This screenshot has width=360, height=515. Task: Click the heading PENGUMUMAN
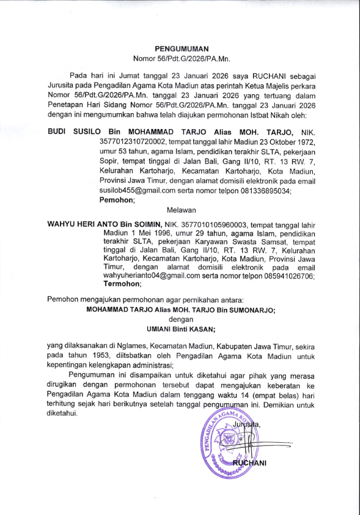[x=182, y=48]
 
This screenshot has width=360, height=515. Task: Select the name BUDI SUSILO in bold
[x=75, y=132]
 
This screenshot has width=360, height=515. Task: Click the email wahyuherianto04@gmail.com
[x=152, y=276]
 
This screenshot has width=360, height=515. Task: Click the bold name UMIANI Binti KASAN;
[x=180, y=328]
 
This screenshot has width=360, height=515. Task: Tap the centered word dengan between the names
[x=180, y=319]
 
